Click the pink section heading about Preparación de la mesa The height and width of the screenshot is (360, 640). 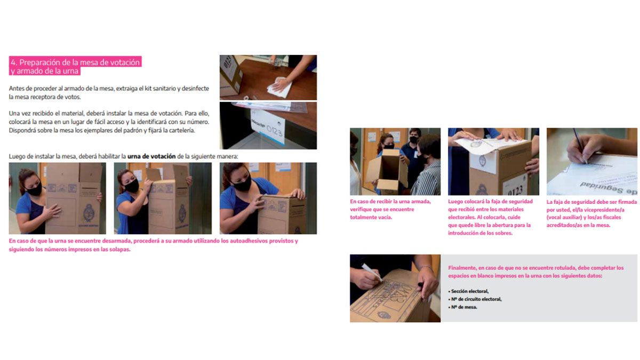[x=75, y=66]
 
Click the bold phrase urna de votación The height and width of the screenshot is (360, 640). [x=151, y=156]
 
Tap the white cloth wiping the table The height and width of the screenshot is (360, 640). [x=279, y=87]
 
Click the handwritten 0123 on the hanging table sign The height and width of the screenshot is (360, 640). [x=274, y=130]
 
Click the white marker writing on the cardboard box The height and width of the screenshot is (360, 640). [x=372, y=273]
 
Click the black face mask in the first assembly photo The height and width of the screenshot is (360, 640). [x=34, y=189]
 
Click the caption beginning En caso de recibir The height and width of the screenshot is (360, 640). [x=390, y=210]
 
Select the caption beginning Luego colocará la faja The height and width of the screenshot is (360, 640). [x=490, y=217]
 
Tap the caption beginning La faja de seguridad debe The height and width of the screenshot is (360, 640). [x=591, y=213]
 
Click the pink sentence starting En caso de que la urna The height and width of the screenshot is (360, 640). [x=154, y=245]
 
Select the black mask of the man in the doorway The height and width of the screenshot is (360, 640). [x=414, y=140]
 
